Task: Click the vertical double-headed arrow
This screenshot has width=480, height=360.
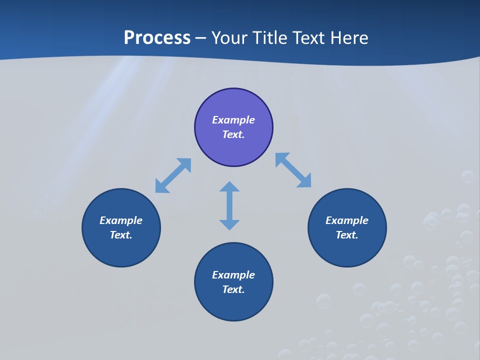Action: coord(229,206)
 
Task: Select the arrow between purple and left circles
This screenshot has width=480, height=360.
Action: coord(173,175)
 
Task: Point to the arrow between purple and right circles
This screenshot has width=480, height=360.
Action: coord(293,170)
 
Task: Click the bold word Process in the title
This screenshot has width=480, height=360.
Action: coord(157,38)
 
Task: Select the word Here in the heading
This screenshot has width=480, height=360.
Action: coord(348,38)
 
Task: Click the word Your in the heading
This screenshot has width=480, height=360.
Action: coord(229,38)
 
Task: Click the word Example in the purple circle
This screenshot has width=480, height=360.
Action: coord(233,120)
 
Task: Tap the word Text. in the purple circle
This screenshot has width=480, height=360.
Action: coord(233,134)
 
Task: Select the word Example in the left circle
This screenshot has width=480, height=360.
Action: coord(121,220)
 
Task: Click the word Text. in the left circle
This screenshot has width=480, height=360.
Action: coord(121,235)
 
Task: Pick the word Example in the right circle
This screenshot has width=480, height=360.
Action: coord(347,220)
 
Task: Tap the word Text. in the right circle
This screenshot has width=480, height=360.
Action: coord(347,235)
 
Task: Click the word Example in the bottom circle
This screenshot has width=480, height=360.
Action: coord(233,275)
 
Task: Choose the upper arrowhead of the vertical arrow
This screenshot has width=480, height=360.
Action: coord(229,187)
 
